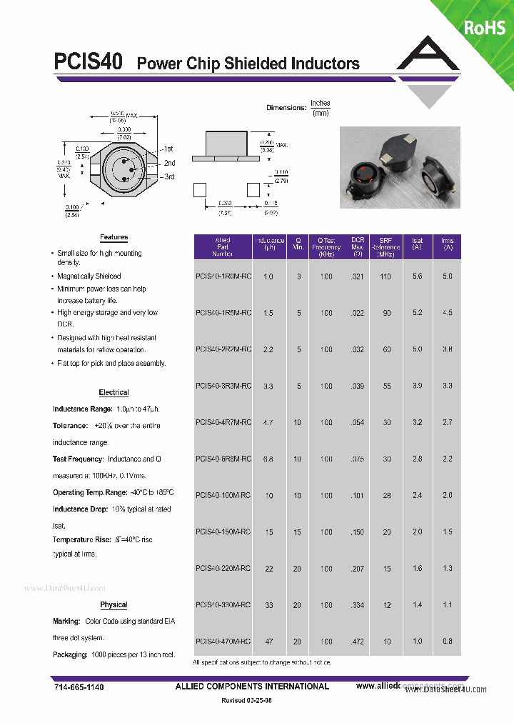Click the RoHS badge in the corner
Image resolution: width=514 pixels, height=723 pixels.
tap(485, 27)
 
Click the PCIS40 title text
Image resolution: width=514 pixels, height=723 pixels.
tap(89, 62)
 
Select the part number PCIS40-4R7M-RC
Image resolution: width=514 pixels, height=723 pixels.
tap(223, 422)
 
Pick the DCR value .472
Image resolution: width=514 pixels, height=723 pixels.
tap(357, 642)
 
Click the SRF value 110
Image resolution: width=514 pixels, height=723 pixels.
tap(386, 276)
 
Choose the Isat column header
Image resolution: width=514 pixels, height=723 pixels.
tap(418, 245)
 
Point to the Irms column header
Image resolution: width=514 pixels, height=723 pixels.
tap(448, 245)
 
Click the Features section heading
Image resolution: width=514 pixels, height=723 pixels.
tap(114, 237)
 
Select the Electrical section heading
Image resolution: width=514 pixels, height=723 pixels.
tap(114, 392)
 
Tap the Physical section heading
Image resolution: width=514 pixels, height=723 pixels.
tap(114, 604)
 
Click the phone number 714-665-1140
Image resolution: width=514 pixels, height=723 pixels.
tap(79, 687)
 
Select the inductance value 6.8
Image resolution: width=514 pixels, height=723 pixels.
tap(268, 459)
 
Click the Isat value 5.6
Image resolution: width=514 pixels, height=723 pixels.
tap(418, 276)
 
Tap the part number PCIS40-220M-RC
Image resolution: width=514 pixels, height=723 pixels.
tap(223, 568)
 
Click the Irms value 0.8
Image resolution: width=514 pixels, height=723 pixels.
tap(448, 642)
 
